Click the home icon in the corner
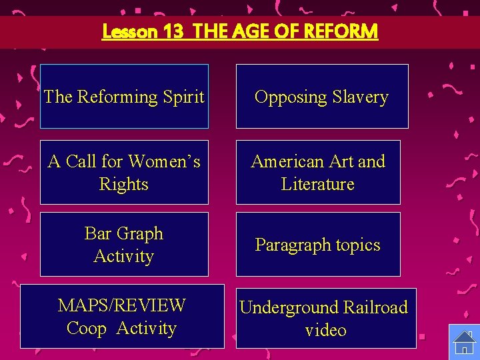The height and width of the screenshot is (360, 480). tap(464, 342)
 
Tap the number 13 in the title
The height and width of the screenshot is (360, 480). tap(173, 31)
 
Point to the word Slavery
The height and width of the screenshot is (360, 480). tap(360, 97)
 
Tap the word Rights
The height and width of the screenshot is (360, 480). tap(123, 184)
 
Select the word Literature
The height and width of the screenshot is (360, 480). tap(317, 184)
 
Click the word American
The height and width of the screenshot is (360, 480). tap(285, 161)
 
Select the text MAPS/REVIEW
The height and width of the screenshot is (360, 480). tap(121, 305)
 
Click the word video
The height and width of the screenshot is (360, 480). tap(325, 330)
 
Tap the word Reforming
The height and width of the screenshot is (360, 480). tap(117, 97)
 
